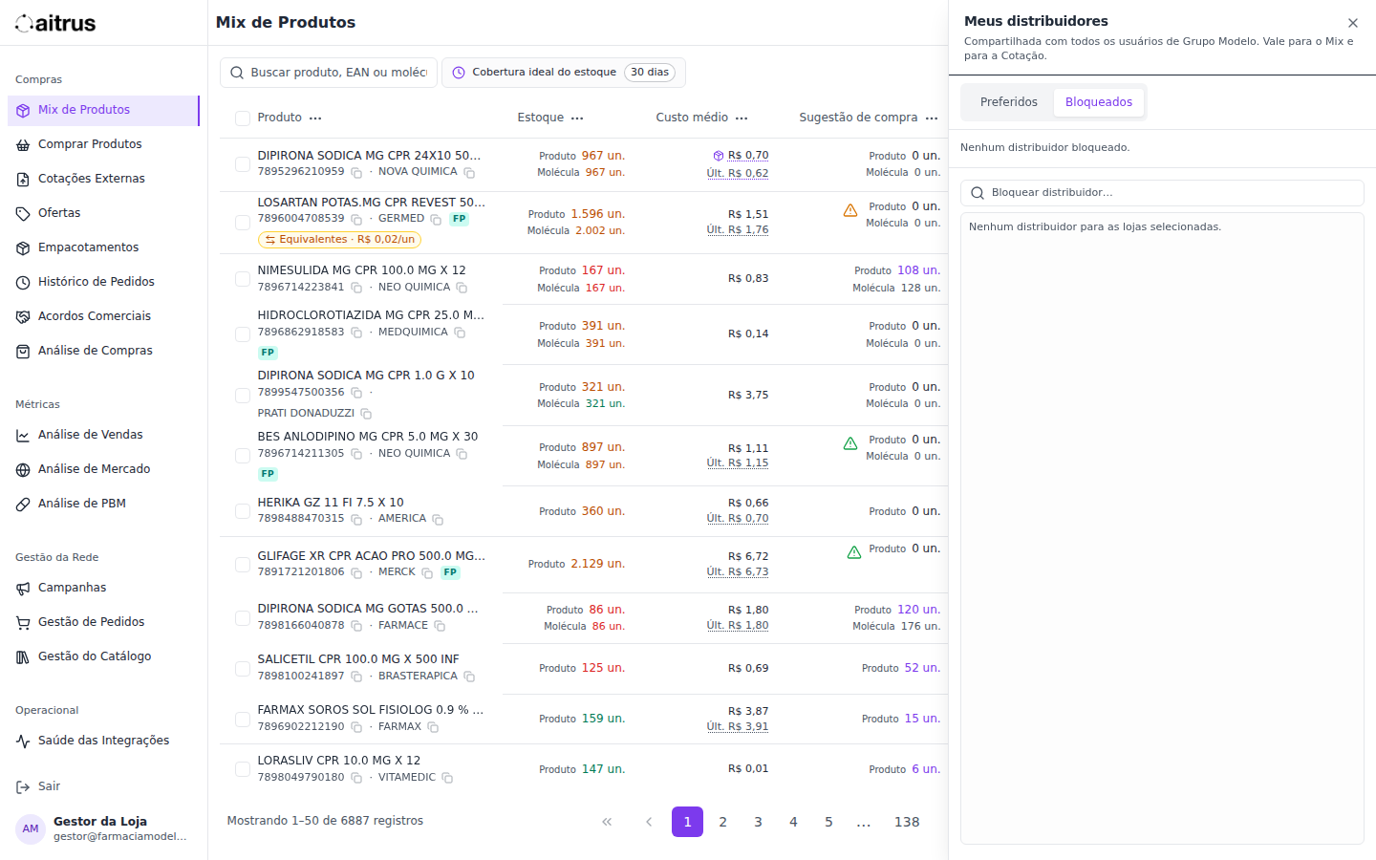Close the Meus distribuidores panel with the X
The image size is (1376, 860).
tap(1353, 23)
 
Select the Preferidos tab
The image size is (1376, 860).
tap(1008, 102)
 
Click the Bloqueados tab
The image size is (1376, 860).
tap(1098, 102)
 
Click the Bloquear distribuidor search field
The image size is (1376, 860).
tap(1162, 193)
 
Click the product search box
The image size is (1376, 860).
tap(329, 73)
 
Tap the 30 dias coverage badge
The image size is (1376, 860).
tap(650, 73)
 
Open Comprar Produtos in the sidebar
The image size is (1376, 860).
tap(90, 144)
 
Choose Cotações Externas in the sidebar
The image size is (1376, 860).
tap(92, 179)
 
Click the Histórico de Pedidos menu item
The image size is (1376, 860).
tap(96, 282)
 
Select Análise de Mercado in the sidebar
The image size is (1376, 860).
tap(94, 469)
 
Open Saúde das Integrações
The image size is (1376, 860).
tap(103, 741)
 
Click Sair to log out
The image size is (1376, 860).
tap(49, 787)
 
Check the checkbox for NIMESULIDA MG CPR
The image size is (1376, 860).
tap(243, 279)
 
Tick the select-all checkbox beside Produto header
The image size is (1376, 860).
tap(243, 118)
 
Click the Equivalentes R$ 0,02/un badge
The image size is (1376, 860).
tap(340, 240)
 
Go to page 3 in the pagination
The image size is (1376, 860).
tap(758, 822)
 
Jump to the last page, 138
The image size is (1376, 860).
tap(907, 822)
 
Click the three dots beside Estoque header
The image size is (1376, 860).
tap(577, 118)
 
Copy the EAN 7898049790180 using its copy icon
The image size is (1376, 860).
tap(356, 778)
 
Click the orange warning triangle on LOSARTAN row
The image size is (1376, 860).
tap(850, 210)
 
